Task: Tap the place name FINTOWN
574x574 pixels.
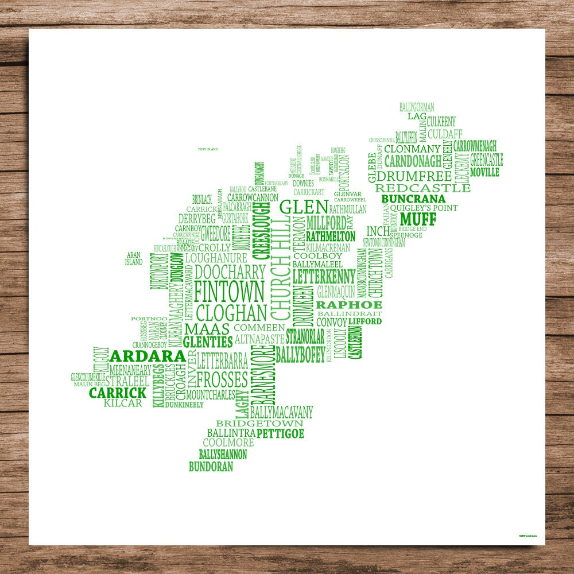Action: [x=230, y=292]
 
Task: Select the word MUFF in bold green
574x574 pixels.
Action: [x=418, y=219]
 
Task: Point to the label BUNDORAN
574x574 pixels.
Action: [x=211, y=467]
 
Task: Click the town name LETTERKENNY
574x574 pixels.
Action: [x=324, y=276]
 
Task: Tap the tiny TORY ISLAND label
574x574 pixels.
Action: [x=208, y=149]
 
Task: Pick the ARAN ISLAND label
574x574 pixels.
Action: [x=134, y=258]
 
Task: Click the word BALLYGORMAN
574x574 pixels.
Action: [x=417, y=107]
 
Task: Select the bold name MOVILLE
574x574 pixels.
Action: [x=485, y=172]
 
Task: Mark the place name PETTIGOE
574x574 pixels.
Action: [x=280, y=433]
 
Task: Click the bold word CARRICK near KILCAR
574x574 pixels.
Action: [x=118, y=393]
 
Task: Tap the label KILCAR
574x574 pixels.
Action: [x=123, y=404]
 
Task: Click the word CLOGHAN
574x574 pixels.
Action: [x=231, y=313]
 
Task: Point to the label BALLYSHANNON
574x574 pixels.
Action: [x=223, y=455]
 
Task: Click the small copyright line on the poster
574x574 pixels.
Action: [x=532, y=536]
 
